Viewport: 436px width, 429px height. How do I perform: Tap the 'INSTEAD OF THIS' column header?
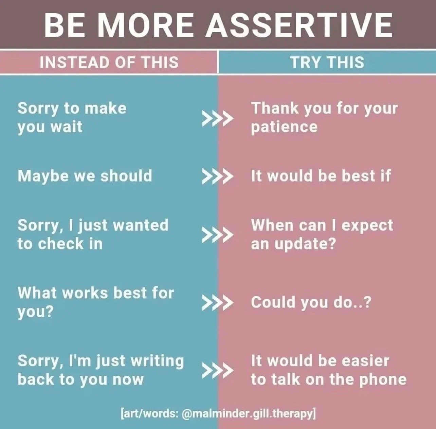pyautogui.click(x=109, y=62)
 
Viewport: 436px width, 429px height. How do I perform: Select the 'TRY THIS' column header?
pyautogui.click(x=327, y=62)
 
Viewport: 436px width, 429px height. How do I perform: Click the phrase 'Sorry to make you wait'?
pyautogui.click(x=72, y=117)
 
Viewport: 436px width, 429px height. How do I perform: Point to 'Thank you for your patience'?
pyautogui.click(x=324, y=117)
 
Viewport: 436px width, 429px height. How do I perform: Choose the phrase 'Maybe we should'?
pyautogui.click(x=85, y=176)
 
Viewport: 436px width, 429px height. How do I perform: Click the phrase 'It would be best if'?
pyautogui.click(x=321, y=176)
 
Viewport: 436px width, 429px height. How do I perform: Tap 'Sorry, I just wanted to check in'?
pyautogui.click(x=93, y=234)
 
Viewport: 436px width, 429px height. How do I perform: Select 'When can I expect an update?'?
pyautogui.click(x=322, y=234)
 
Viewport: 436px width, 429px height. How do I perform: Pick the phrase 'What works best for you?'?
pyautogui.click(x=95, y=302)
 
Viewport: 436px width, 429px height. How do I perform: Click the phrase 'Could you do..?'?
pyautogui.click(x=311, y=302)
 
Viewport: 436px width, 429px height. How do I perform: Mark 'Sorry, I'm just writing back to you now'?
pyautogui.click(x=101, y=370)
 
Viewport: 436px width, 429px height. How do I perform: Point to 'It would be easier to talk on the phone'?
pyautogui.click(x=328, y=370)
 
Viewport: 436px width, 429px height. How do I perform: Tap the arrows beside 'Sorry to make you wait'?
pyautogui.click(x=218, y=118)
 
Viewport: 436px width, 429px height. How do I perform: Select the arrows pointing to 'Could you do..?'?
pyautogui.click(x=218, y=303)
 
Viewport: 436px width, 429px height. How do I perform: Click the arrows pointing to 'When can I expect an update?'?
pyautogui.click(x=218, y=235)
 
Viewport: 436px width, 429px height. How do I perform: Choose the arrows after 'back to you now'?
pyautogui.click(x=218, y=370)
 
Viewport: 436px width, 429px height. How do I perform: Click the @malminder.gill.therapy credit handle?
pyautogui.click(x=248, y=414)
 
